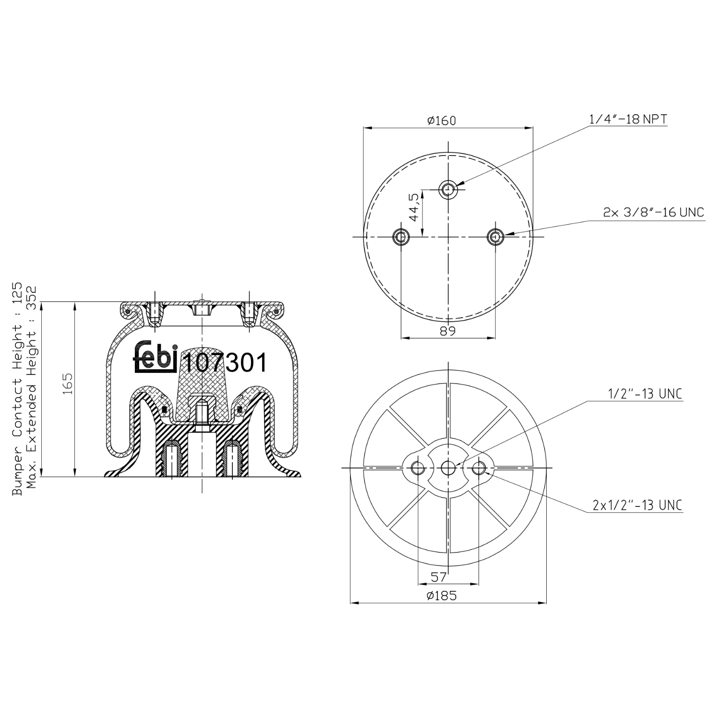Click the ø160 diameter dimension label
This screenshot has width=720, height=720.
tap(441, 120)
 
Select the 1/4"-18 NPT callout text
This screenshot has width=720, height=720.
tap(628, 119)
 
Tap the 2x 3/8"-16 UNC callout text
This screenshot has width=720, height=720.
tap(653, 212)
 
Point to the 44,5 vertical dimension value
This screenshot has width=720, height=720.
tap(413, 207)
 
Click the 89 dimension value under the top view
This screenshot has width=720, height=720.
tap(447, 331)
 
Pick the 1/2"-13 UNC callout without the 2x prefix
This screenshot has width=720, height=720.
tap(645, 394)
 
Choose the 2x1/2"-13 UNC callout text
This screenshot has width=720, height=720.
tap(637, 505)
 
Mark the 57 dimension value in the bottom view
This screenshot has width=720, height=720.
tap(438, 576)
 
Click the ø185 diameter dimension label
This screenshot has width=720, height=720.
tap(441, 596)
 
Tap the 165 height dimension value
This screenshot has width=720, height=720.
tap(68, 384)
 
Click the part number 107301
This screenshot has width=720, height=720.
tap(225, 363)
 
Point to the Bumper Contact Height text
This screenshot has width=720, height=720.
tap(17, 389)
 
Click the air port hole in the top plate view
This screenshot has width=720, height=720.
tap(449, 189)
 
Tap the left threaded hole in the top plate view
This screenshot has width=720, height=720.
tap(400, 237)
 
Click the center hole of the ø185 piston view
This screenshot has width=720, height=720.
tap(448, 468)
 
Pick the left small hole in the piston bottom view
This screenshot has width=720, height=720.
tap(418, 468)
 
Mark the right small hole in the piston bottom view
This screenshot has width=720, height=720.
tap(479, 468)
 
